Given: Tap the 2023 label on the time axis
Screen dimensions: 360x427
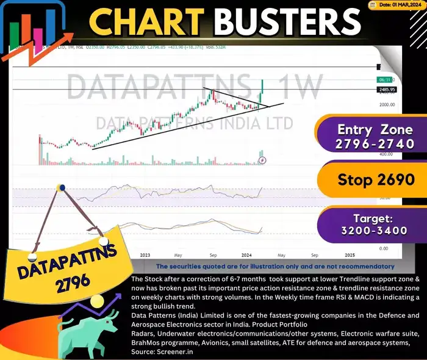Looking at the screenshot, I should click(x=144, y=254).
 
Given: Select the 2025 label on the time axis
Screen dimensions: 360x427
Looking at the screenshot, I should click(x=350, y=254).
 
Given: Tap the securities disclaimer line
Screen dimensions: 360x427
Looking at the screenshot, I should click(x=275, y=267).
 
